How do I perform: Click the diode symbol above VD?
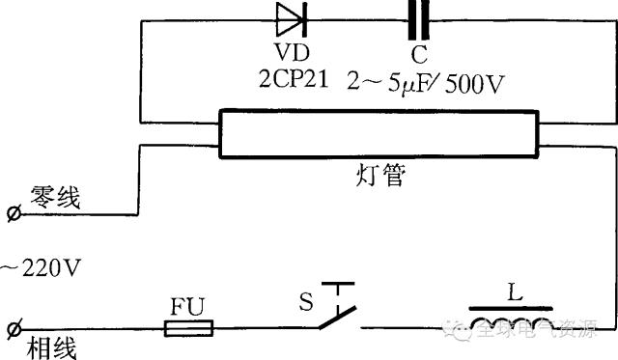click(290, 16)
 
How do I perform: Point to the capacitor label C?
click(418, 56)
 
